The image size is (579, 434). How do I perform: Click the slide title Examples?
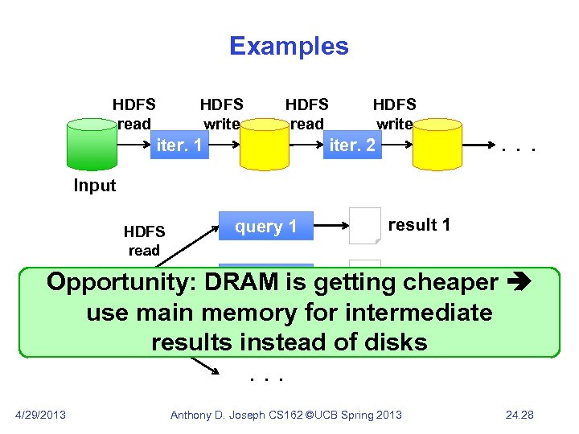pyautogui.click(x=289, y=46)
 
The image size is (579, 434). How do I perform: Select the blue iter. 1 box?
pyautogui.click(x=179, y=145)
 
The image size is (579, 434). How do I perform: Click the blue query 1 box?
pyautogui.click(x=265, y=227)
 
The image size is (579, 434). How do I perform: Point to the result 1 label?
pyautogui.click(x=419, y=225)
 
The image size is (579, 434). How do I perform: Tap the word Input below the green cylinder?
pyautogui.click(x=95, y=186)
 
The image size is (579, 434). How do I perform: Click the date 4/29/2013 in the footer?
pyautogui.click(x=41, y=415)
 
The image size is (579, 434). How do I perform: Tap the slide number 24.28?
pyautogui.click(x=519, y=415)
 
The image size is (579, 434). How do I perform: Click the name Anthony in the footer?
pyautogui.click(x=193, y=415)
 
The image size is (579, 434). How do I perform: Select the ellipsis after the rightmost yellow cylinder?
pyautogui.click(x=516, y=148)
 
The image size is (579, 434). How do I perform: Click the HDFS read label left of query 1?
pyautogui.click(x=144, y=241)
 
